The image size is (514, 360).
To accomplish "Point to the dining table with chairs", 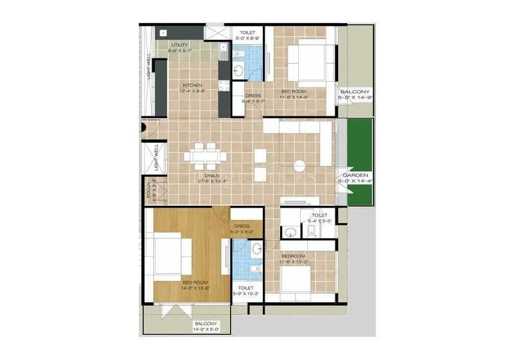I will point(206,155).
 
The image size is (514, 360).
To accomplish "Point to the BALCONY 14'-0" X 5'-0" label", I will point(206,327).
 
